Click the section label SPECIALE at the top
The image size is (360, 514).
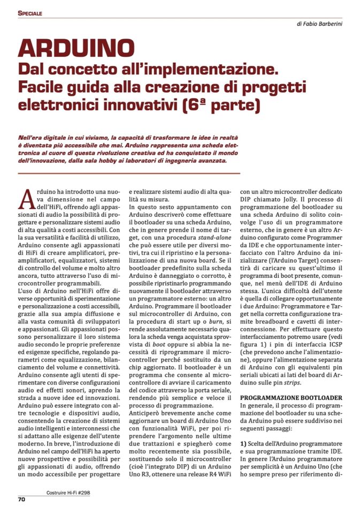[29, 13]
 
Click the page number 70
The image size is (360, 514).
[22, 500]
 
